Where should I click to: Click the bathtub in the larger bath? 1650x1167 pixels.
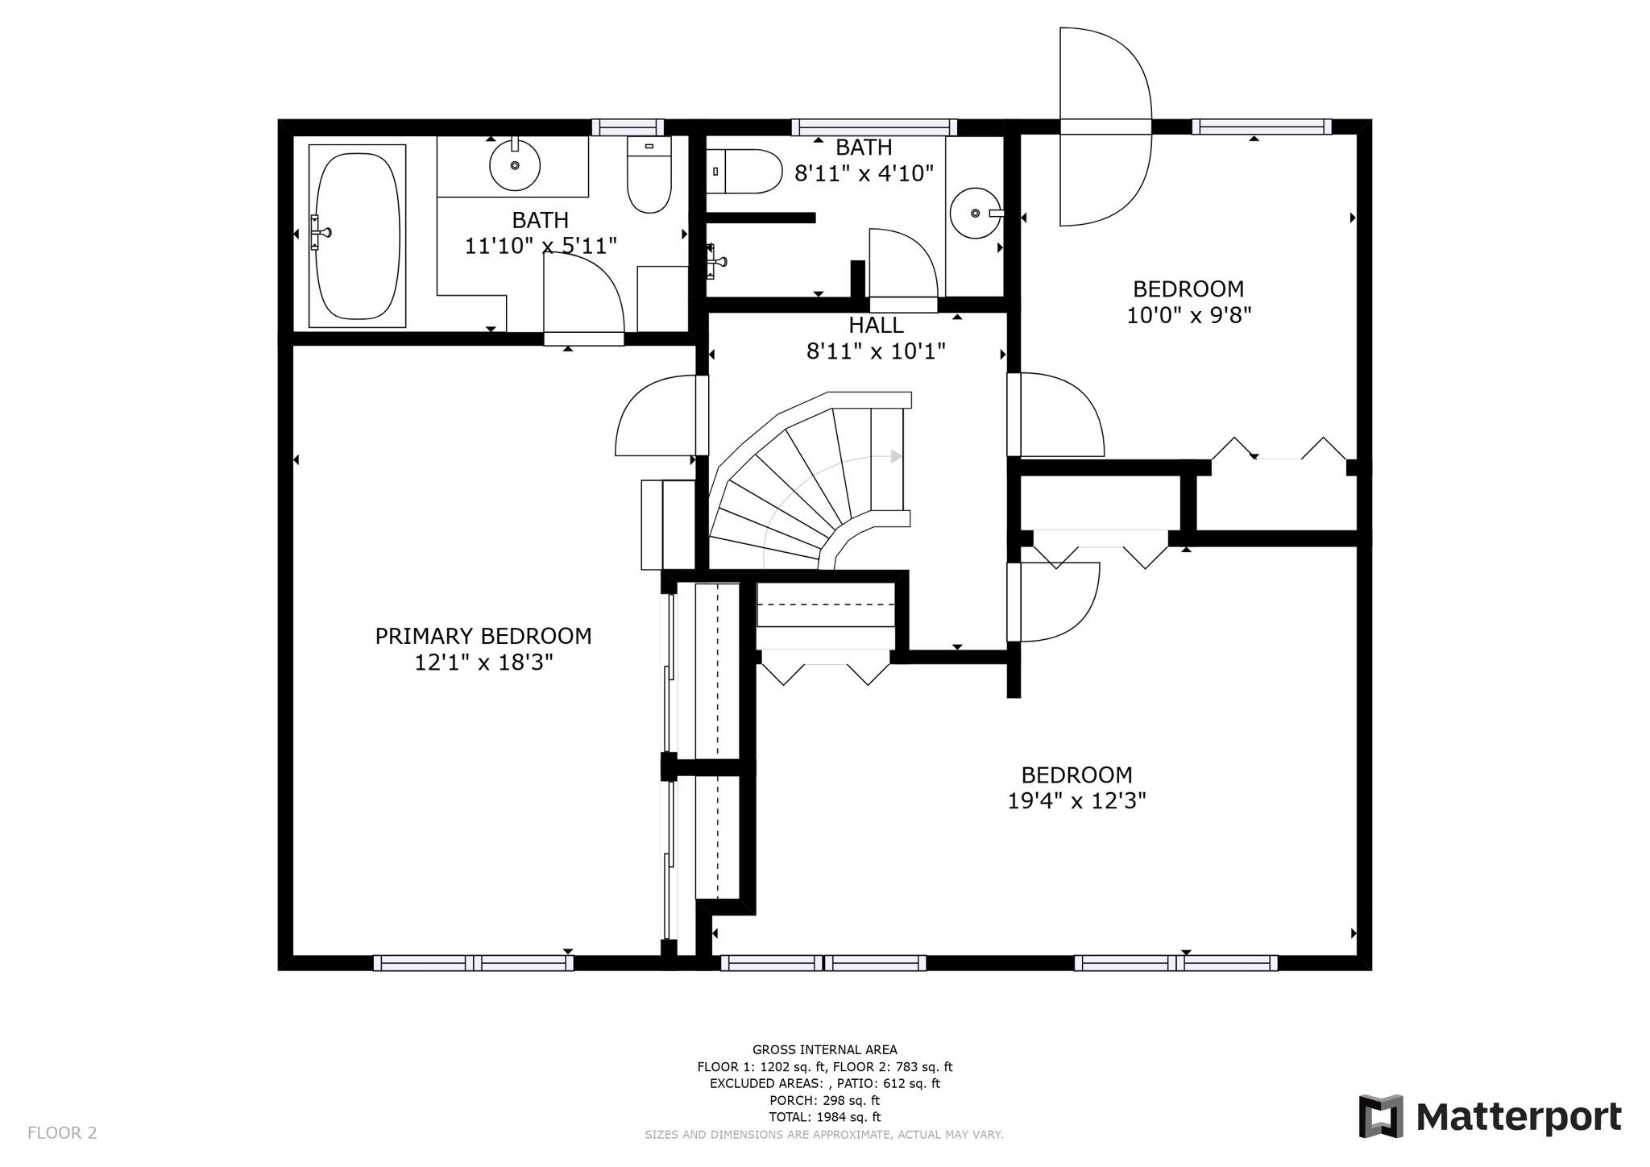click(357, 236)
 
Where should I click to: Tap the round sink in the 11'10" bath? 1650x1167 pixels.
click(515, 165)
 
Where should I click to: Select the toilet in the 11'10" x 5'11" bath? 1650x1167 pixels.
click(649, 176)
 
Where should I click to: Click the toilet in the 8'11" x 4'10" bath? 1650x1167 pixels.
click(747, 172)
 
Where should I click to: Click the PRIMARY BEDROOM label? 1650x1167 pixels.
click(483, 637)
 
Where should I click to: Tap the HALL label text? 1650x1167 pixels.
click(876, 326)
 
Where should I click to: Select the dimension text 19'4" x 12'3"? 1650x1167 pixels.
click(1076, 801)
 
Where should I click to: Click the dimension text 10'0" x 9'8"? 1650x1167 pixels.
click(1188, 315)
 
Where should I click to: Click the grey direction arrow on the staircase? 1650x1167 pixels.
click(896, 456)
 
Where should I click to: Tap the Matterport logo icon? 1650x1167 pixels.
click(1381, 1116)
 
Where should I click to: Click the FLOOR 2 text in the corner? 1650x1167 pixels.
click(62, 1133)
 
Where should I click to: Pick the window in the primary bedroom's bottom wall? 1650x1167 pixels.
click(473, 962)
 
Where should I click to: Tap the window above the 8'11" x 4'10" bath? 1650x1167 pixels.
click(874, 127)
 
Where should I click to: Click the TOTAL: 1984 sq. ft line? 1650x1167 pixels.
click(824, 1117)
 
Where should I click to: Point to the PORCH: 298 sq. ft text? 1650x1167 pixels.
click(824, 1100)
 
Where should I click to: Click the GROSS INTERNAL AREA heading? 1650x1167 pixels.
click(824, 1049)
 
